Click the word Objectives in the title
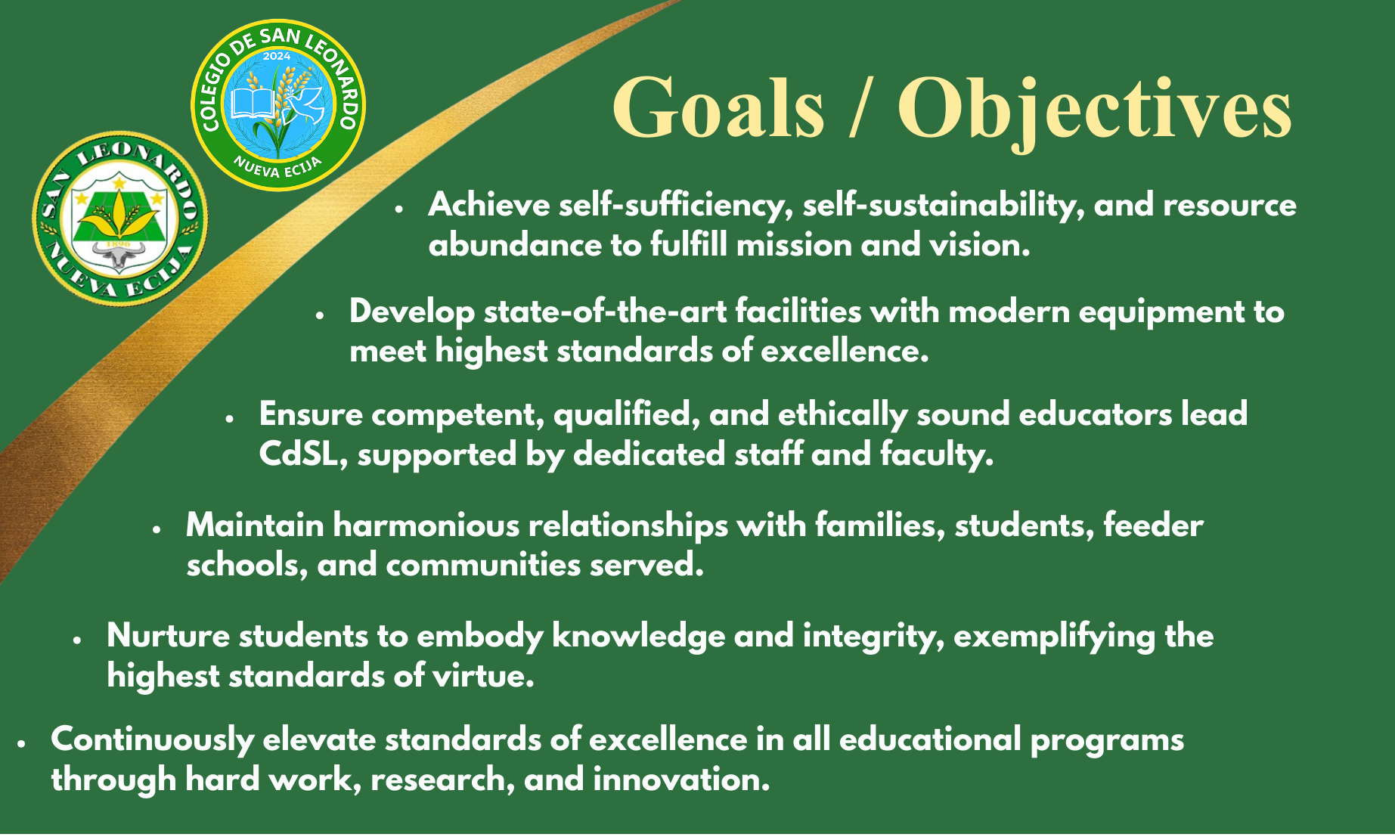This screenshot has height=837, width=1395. click(1095, 110)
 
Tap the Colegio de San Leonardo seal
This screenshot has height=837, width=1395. click(278, 105)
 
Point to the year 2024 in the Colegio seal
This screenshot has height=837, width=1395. click(277, 56)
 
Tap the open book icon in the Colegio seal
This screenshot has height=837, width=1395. click(253, 104)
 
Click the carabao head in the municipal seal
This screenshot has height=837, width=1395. click(119, 256)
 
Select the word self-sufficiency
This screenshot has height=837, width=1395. click(676, 206)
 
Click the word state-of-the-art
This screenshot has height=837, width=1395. click(606, 312)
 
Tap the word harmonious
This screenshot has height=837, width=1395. click(426, 525)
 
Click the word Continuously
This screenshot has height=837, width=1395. click(152, 740)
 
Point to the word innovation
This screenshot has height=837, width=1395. click(681, 779)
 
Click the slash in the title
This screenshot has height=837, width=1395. click(860, 107)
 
